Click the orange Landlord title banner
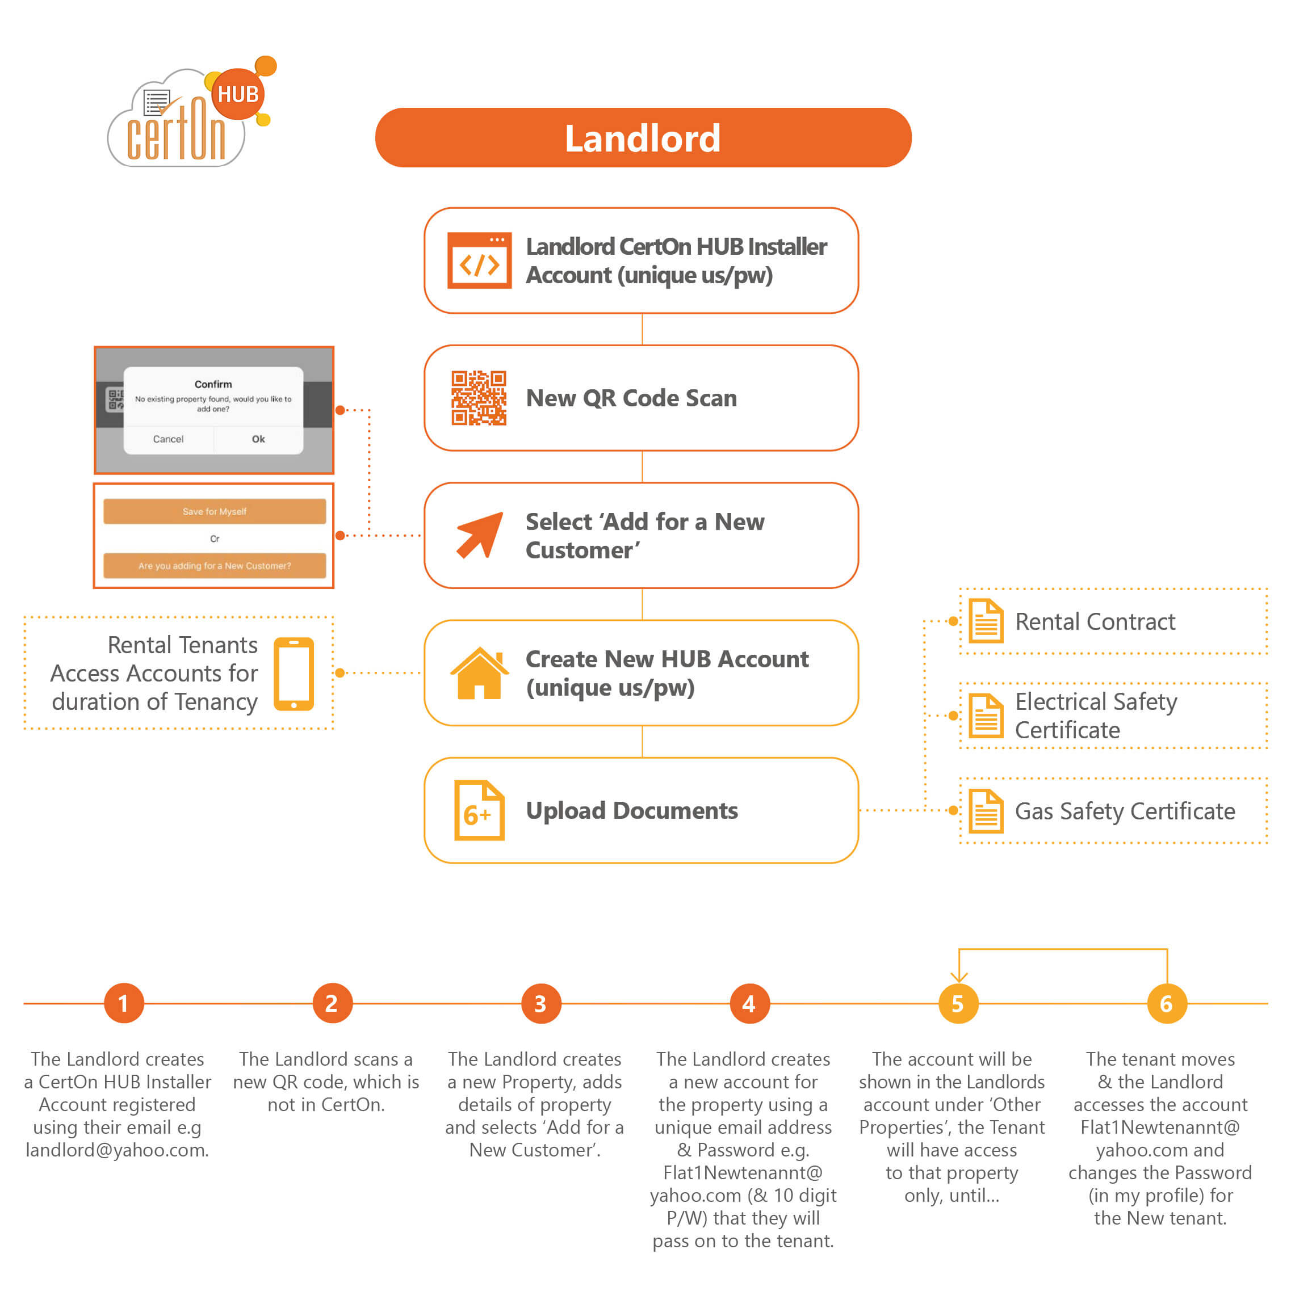[643, 138]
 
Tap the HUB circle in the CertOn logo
[238, 94]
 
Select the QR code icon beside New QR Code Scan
[479, 398]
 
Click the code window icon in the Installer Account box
[479, 260]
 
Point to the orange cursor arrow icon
[480, 535]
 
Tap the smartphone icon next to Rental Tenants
[294, 674]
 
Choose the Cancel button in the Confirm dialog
[168, 439]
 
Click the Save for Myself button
[214, 511]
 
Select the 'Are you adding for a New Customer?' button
[214, 566]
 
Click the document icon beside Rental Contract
[985, 621]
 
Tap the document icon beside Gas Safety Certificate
[985, 811]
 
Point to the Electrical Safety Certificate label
[1095, 716]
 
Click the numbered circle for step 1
[124, 1003]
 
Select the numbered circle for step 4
[749, 1003]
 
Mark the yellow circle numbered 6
[1166, 1003]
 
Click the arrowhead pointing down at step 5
[958, 976]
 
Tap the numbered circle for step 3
[540, 1003]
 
